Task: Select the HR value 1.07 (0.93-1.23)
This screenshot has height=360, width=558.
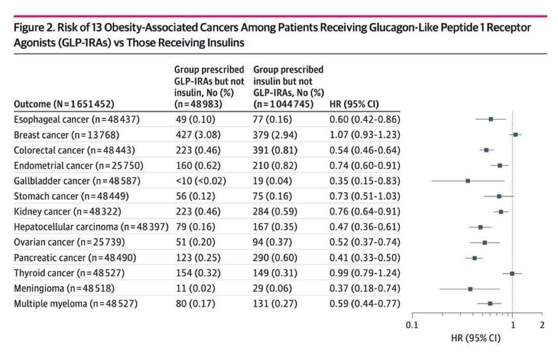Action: pyautogui.click(x=365, y=135)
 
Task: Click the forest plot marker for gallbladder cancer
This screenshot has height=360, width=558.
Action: pyautogui.click(x=468, y=181)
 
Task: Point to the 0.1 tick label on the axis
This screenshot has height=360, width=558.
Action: pyautogui.click(x=412, y=325)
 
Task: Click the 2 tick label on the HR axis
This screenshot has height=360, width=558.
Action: pyautogui.click(x=542, y=325)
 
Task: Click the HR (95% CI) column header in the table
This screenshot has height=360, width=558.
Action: pyautogui.click(x=351, y=103)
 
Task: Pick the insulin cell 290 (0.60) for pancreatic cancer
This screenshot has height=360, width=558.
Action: pyautogui.click(x=275, y=258)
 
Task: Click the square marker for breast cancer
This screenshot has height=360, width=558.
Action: pyautogui.click(x=515, y=134)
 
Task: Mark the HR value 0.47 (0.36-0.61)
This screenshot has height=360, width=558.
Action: pyautogui.click(x=365, y=227)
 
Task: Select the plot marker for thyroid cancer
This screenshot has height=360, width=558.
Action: pyautogui.click(x=512, y=273)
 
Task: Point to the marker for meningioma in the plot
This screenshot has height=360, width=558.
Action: pyautogui.click(x=470, y=288)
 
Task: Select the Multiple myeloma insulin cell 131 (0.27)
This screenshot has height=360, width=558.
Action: pyautogui.click(x=275, y=303)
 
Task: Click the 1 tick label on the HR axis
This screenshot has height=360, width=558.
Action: pyautogui.click(x=513, y=325)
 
